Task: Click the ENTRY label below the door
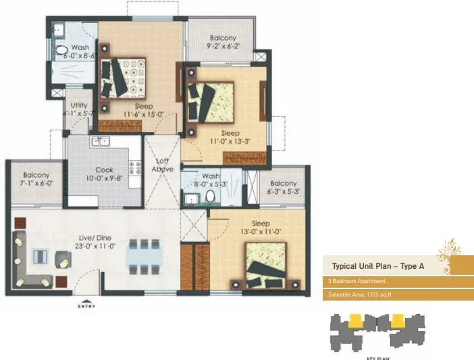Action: (x=86, y=307)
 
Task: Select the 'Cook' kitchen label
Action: (x=104, y=171)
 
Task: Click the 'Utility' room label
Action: (x=78, y=106)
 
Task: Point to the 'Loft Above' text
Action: (x=162, y=165)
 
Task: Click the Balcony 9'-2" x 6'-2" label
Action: (x=222, y=43)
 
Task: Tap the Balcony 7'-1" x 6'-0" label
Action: (x=37, y=178)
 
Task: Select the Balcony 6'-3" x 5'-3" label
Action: (x=283, y=187)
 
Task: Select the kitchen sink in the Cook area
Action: (x=101, y=142)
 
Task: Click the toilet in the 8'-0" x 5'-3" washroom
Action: (x=210, y=195)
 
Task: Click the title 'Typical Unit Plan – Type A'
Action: (x=377, y=266)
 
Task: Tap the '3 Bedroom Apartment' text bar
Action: (x=357, y=281)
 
